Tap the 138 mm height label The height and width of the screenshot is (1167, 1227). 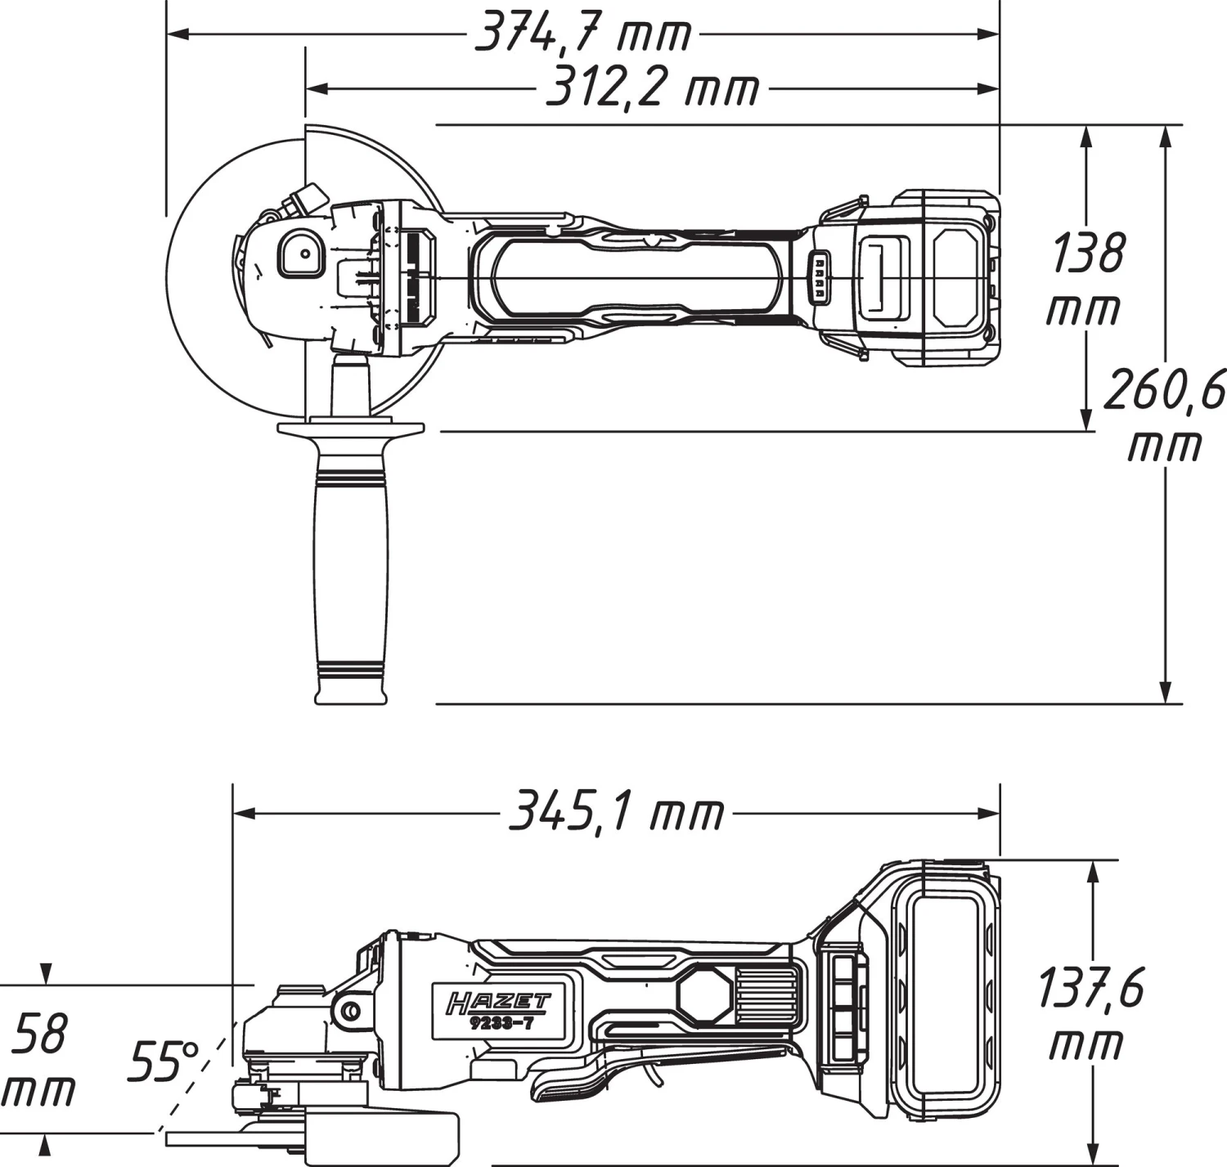1086,278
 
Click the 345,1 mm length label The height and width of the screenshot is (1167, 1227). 618,814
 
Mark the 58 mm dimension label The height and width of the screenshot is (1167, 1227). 39,1059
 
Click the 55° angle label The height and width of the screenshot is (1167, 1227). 164,1062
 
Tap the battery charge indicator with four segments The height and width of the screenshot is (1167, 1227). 817,278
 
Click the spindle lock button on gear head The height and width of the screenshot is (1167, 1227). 300,253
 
